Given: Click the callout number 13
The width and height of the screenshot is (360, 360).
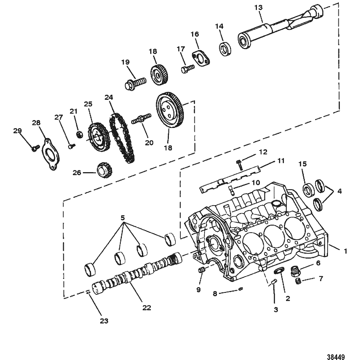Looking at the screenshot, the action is coord(258,8).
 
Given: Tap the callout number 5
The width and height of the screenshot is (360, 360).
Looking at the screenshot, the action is coord(123,217).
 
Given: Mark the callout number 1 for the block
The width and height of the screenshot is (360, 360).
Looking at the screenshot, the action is coord(345,251).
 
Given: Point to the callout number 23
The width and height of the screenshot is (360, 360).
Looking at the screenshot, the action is coord(104,321).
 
